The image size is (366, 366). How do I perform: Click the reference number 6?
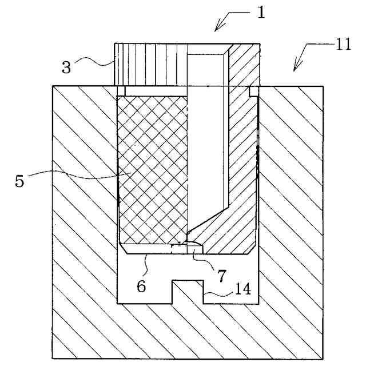141,285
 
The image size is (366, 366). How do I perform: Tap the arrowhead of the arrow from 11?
295,70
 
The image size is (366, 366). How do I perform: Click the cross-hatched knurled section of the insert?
152,166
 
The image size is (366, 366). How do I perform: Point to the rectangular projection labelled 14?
188,292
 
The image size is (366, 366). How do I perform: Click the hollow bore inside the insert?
206,143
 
